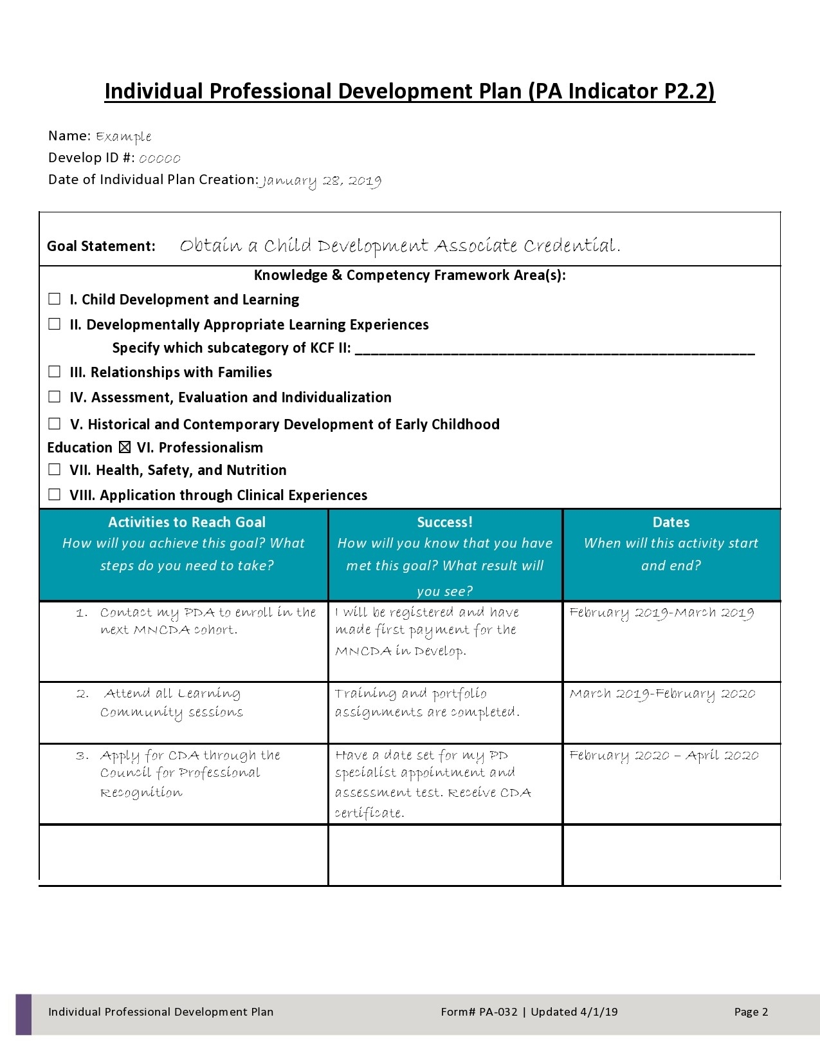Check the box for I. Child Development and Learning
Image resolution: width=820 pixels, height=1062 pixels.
pyautogui.click(x=55, y=299)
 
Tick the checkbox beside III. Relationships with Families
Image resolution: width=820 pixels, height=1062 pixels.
pyautogui.click(x=55, y=372)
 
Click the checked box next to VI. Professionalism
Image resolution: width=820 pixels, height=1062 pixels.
pyautogui.click(x=125, y=447)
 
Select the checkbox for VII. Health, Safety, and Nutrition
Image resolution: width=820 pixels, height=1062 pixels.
pyautogui.click(x=55, y=470)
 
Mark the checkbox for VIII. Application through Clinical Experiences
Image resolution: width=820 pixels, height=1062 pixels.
pyautogui.click(x=55, y=495)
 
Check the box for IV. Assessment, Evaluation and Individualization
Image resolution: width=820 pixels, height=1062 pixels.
pyautogui.click(x=55, y=397)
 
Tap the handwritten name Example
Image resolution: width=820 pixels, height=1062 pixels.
pyautogui.click(x=123, y=136)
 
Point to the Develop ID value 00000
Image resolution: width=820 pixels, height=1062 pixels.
pyautogui.click(x=159, y=158)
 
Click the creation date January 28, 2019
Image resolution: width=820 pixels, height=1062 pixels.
pyautogui.click(x=320, y=181)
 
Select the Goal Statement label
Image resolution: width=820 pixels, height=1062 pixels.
pyautogui.click(x=101, y=246)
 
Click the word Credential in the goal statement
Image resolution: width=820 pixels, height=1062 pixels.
pyautogui.click(x=571, y=246)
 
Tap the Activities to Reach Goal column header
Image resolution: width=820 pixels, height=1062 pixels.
pyautogui.click(x=187, y=522)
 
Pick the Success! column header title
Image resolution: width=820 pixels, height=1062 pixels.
pyautogui.click(x=444, y=522)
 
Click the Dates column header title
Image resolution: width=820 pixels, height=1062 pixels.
pyautogui.click(x=671, y=522)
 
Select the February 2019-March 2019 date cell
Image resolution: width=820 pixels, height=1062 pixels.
pyautogui.click(x=661, y=613)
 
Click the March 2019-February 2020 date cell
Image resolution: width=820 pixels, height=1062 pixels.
pyautogui.click(x=662, y=694)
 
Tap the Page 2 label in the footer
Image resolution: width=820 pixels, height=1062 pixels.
pyautogui.click(x=751, y=1012)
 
